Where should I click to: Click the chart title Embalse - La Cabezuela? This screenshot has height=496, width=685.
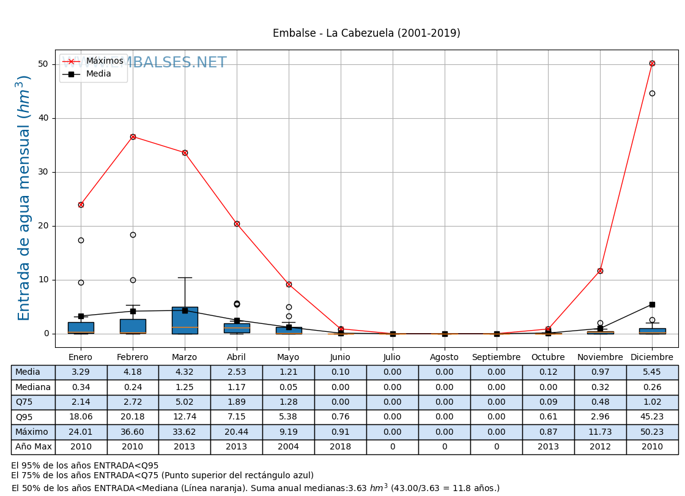click(366, 34)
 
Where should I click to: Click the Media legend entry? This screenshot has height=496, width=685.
click(98, 74)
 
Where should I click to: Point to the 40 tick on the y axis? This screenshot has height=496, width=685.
click(43, 118)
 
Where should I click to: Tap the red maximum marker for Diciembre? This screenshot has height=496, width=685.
click(652, 63)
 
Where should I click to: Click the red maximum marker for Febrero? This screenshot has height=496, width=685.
click(133, 137)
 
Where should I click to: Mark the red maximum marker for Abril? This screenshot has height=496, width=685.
click(237, 224)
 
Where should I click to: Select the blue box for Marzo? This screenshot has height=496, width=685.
click(185, 320)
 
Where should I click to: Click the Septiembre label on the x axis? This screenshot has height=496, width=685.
click(496, 358)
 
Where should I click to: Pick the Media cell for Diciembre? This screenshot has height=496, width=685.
click(652, 372)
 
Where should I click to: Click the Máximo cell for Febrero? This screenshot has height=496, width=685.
click(133, 432)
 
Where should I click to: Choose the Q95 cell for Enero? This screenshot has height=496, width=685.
click(81, 417)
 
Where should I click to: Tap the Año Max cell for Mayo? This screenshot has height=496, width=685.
click(289, 447)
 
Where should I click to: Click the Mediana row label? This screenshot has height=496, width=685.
click(33, 387)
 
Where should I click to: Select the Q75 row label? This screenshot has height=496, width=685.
click(24, 402)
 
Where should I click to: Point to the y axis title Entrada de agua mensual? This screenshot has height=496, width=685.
click(24, 197)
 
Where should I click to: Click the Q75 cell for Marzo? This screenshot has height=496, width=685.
click(185, 402)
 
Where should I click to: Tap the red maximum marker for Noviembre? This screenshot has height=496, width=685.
click(600, 271)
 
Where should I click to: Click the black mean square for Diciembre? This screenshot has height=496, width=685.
click(652, 304)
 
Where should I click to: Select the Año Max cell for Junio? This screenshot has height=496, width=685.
click(341, 447)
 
